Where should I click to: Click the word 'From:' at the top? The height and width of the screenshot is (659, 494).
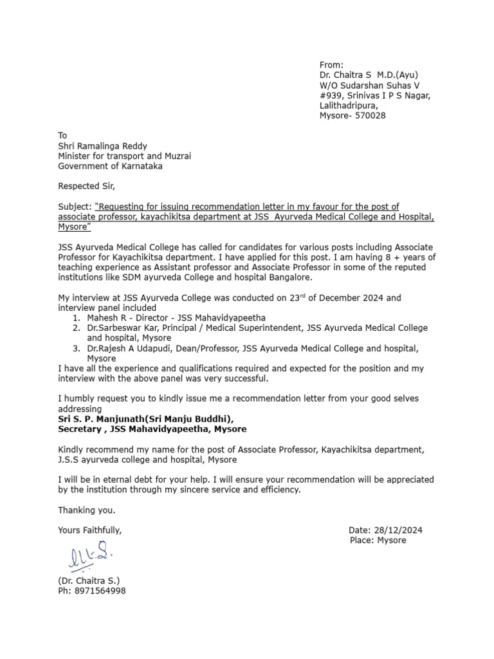click(332, 65)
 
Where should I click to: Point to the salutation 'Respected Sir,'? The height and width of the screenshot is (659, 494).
click(87, 187)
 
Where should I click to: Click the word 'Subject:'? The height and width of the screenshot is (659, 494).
click(75, 207)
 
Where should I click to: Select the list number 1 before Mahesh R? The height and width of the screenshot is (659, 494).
click(77, 318)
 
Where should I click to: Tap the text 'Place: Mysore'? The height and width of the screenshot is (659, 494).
click(378, 541)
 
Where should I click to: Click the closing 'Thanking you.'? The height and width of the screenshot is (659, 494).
click(87, 510)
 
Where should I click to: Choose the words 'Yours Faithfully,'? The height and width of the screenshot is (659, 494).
click(89, 530)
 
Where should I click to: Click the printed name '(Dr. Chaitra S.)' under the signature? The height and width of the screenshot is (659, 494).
click(89, 580)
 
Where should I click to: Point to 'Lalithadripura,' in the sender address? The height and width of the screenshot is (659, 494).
click(349, 106)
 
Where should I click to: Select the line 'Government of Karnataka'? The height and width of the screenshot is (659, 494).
click(110, 166)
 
